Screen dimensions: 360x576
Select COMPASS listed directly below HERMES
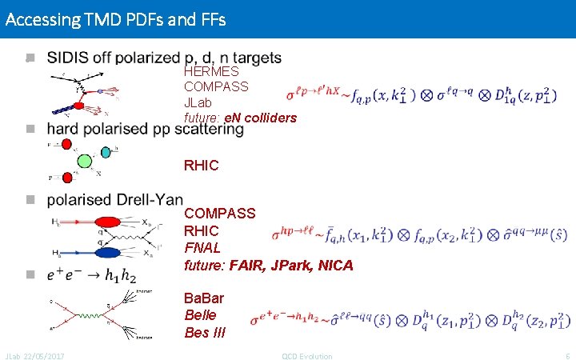(216, 86)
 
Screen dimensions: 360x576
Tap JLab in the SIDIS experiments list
(199, 102)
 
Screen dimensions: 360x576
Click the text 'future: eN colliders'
(240, 118)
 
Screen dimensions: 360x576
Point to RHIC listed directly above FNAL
(200, 231)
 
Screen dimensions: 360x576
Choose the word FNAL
(201, 248)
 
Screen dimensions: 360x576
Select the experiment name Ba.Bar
(204, 298)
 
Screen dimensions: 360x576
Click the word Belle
(200, 315)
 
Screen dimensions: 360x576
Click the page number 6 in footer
(567, 355)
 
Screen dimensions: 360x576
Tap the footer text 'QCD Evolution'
(307, 355)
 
